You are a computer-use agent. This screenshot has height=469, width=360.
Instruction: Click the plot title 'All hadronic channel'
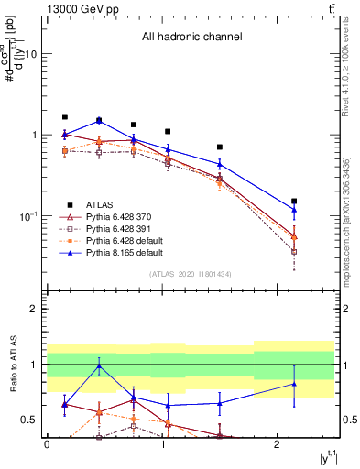tap(191, 38)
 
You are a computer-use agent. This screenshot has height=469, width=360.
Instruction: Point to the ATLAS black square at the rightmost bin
tap(294, 201)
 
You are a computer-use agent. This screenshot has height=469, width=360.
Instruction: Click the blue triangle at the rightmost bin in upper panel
tap(294, 209)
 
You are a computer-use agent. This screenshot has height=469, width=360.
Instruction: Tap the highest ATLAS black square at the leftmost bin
tap(65, 117)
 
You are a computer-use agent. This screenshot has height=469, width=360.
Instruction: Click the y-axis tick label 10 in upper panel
tap(30, 54)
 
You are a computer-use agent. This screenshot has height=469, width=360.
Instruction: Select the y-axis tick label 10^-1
tap(27, 216)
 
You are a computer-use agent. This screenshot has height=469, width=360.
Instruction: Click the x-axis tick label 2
tap(278, 443)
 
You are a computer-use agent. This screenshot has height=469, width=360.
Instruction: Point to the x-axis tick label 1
tap(162, 443)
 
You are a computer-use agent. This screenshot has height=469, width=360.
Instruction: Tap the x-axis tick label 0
tap(47, 443)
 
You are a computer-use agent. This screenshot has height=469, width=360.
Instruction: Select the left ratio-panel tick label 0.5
tap(29, 420)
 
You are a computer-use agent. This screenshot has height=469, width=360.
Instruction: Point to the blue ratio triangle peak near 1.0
tap(99, 365)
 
